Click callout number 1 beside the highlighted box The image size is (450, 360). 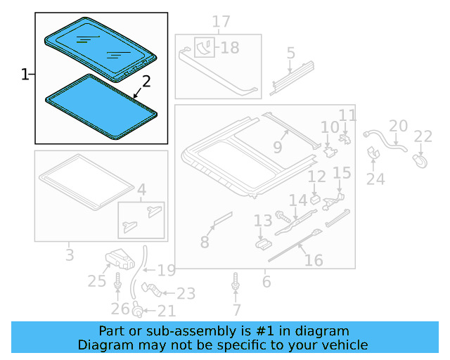pos(25,74)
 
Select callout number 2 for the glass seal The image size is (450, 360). pos(146,81)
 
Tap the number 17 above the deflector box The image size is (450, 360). pos(221,22)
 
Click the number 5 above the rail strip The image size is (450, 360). pos(290,53)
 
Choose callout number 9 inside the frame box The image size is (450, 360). pos(278,148)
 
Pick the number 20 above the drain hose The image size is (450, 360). pos(398,126)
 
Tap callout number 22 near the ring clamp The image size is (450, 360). pos(423,136)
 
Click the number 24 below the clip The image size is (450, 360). pos(375,179)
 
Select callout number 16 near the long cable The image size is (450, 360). pos(314,261)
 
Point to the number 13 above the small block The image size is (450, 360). pos(263,221)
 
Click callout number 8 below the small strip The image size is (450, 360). pos(205,243)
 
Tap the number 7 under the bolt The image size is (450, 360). pos(236,309)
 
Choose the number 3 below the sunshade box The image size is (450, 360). pos(69,254)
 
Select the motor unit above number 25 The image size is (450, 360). pos(120,259)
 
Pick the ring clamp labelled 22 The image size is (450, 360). pos(420,160)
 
